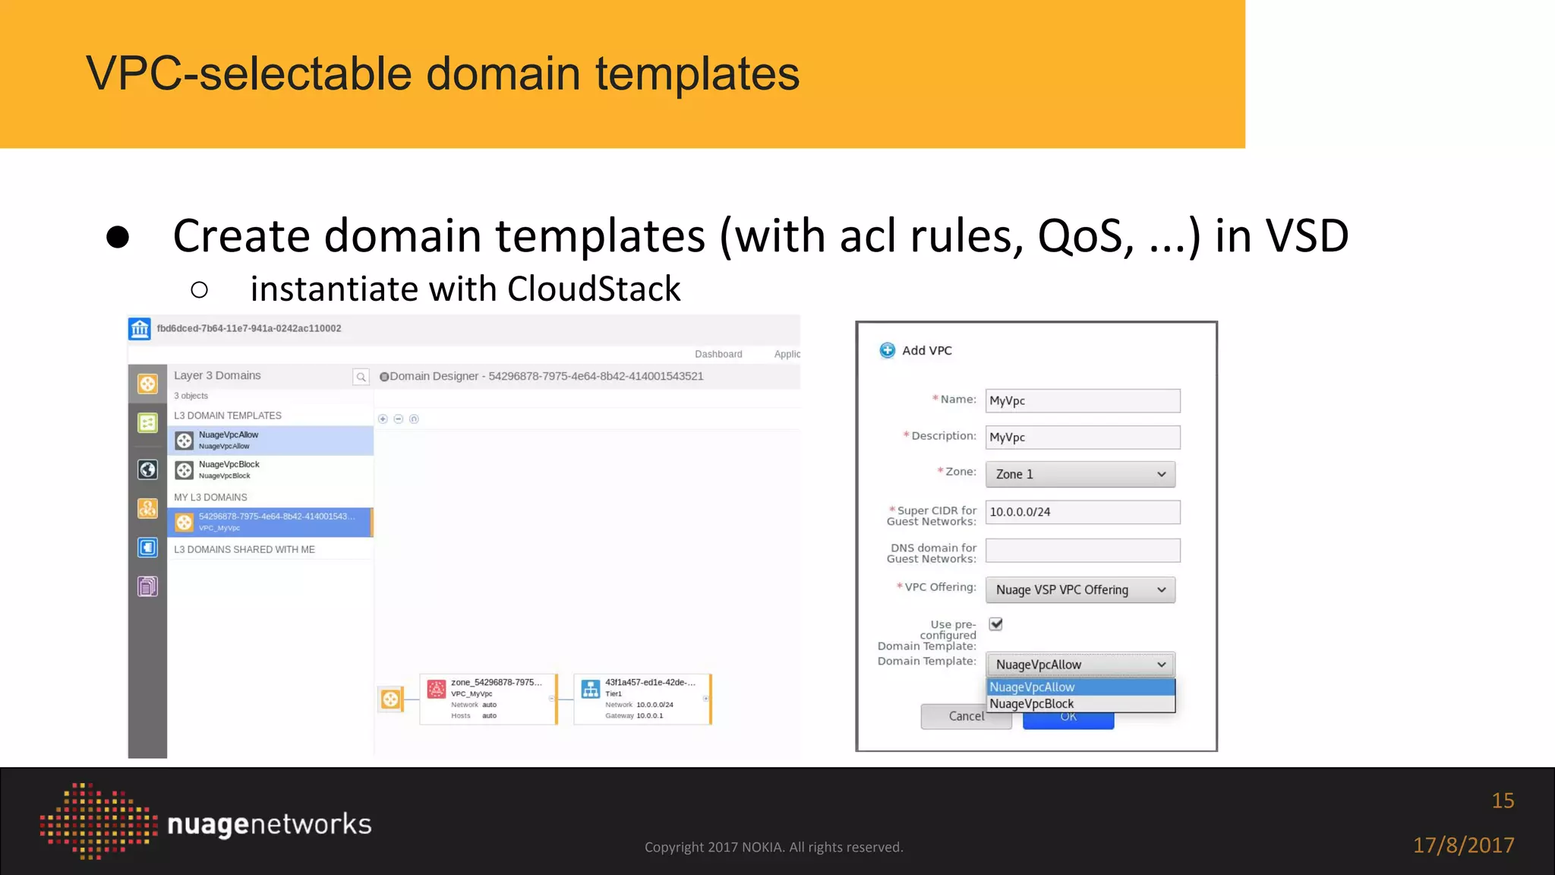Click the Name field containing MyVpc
pyautogui.click(x=1082, y=400)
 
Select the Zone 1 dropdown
pyautogui.click(x=1080, y=474)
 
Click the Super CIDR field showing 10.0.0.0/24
pyautogui.click(x=1082, y=512)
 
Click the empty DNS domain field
pyautogui.click(x=1082, y=550)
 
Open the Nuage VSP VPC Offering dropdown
pyautogui.click(x=1080, y=589)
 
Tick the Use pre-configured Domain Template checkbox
pyautogui.click(x=995, y=624)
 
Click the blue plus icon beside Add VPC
pyautogui.click(x=887, y=350)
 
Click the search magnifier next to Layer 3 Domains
pyautogui.click(x=361, y=377)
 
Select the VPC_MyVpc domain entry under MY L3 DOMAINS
pyautogui.click(x=270, y=522)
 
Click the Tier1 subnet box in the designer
pyautogui.click(x=642, y=699)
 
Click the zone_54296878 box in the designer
pyautogui.click(x=488, y=699)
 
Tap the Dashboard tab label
pyautogui.click(x=718, y=354)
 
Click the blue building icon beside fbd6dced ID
pyautogui.click(x=140, y=329)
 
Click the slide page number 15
pyautogui.click(x=1502, y=801)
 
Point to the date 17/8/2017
pyautogui.click(x=1463, y=845)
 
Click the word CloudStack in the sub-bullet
pyautogui.click(x=594, y=289)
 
